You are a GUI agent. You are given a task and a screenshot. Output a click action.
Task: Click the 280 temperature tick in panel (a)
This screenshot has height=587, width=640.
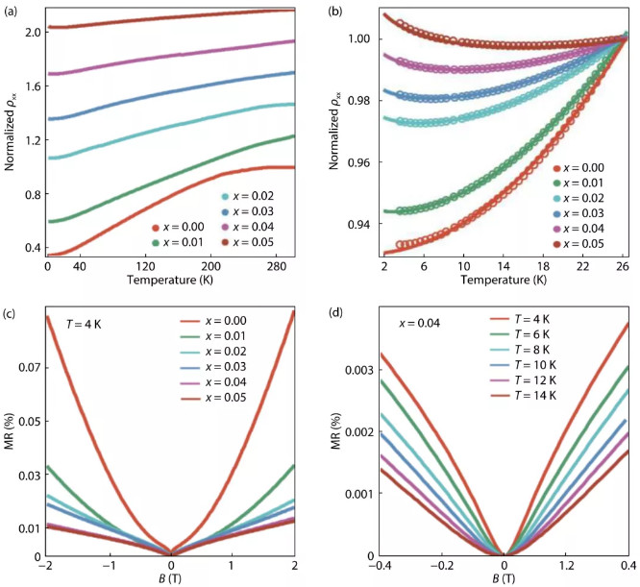pyautogui.click(x=274, y=264)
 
